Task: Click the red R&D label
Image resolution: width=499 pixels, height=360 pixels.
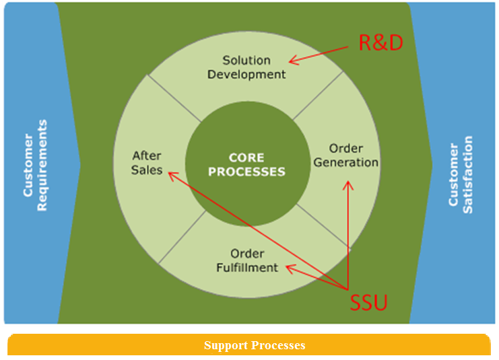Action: pos(380,42)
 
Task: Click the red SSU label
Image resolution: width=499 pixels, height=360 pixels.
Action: pos(368,302)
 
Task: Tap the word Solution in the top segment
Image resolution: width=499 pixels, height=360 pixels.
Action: pos(246,60)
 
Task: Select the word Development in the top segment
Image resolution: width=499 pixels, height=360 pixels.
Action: pos(246,75)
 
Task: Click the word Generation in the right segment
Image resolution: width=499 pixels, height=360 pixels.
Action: pos(346,163)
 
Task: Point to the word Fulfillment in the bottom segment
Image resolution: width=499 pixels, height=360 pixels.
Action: pos(247,267)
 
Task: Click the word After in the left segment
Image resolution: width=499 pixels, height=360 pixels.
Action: pos(147,156)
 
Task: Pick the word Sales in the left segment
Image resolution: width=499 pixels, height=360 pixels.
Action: pos(147,170)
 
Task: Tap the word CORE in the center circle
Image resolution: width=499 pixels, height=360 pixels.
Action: pos(246,157)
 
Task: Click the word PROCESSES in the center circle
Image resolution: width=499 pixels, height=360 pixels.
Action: pos(246,172)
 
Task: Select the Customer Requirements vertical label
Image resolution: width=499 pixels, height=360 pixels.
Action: pos(35,165)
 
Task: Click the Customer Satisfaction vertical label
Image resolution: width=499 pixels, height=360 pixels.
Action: pos(461,174)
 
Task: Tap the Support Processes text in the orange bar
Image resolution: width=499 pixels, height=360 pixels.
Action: pos(255,345)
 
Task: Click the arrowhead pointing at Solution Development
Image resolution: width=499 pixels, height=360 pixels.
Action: pos(293,60)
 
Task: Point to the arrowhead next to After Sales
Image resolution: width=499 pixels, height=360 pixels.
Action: pos(172,176)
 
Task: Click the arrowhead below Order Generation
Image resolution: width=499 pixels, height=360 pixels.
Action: pos(348,185)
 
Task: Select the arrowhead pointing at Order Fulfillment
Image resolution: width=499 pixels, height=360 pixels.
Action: pos(290,268)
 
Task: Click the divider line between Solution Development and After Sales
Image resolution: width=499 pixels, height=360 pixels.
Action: pos(174,98)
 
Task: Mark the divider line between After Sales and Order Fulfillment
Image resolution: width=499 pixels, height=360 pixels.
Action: pos(182,237)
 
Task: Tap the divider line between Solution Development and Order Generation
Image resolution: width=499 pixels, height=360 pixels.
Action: pos(318,96)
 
